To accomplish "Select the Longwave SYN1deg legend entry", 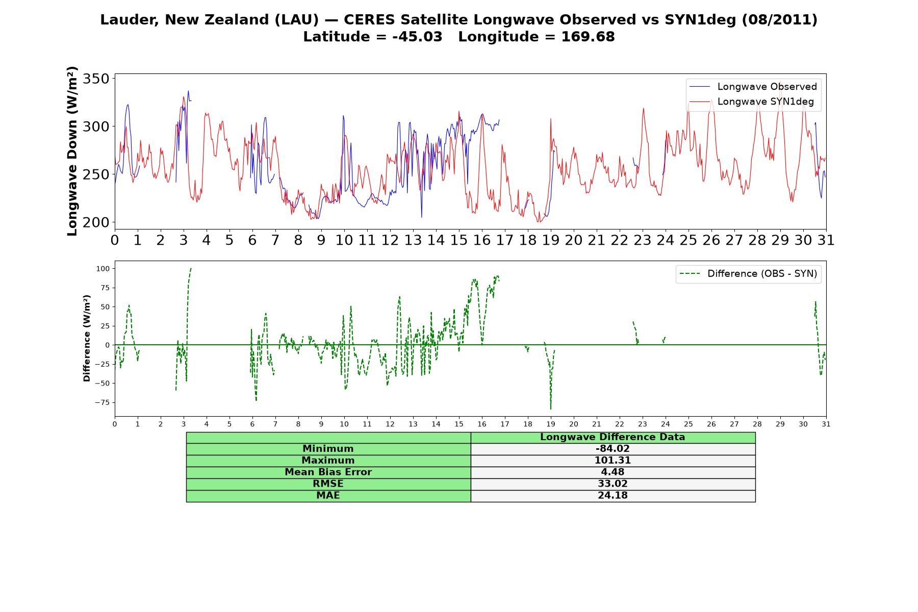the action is point(751,101).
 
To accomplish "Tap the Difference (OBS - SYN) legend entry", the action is point(748,274).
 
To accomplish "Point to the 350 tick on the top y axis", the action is point(96,79).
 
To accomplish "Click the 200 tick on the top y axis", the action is point(96,222).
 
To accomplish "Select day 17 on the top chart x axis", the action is point(505,240).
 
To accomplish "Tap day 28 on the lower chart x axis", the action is point(757,424).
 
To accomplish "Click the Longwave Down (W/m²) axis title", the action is point(72,151).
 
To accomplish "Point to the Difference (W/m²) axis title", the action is point(87,338).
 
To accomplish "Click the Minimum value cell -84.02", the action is point(613,449).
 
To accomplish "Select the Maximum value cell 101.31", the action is point(613,461).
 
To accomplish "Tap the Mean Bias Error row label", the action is point(328,472).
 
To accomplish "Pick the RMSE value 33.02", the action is point(613,484).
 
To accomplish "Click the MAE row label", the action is point(328,496).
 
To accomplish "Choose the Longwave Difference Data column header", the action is point(613,437).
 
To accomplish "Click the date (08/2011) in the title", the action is point(779,20).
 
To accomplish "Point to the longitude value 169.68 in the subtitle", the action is point(588,37).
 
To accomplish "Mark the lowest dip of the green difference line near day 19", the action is point(551,409).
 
